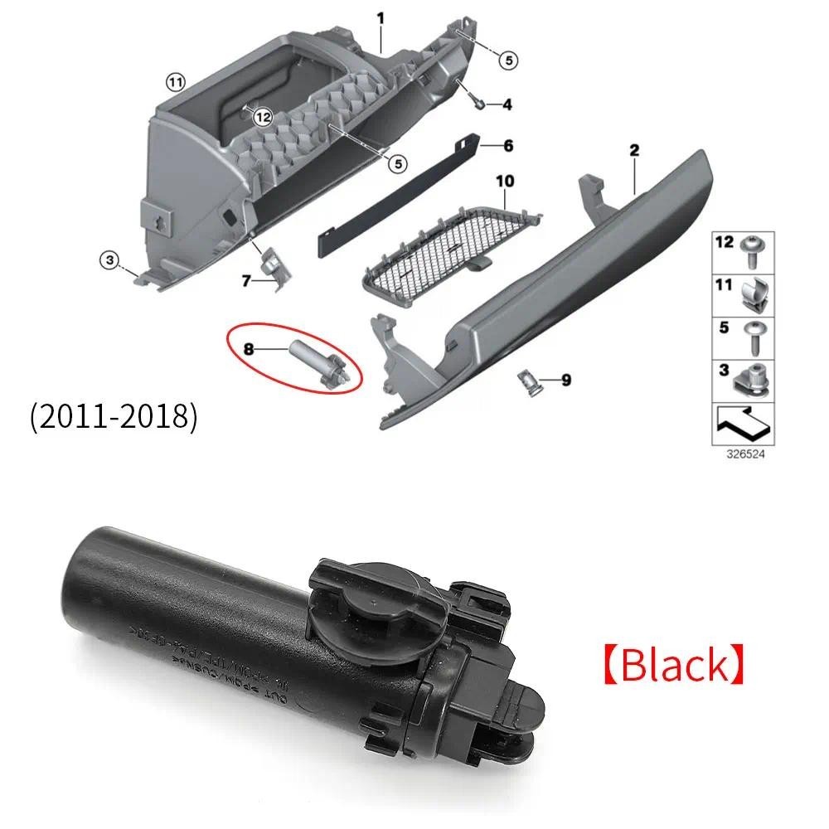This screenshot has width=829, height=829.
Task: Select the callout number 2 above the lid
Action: [x=634, y=150]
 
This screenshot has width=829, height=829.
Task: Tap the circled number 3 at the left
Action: [x=109, y=260]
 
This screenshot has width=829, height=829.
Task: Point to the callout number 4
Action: [x=506, y=104]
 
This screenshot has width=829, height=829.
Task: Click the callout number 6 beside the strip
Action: [x=508, y=146]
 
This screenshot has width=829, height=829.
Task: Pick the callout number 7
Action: [x=246, y=282]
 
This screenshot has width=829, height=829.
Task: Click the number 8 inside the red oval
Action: [x=249, y=349]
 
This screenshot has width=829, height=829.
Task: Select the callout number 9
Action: [x=566, y=381]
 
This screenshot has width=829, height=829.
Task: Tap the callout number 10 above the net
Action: [x=505, y=180]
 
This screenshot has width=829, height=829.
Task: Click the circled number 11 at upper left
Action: [x=174, y=81]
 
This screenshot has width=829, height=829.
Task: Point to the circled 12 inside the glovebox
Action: [x=263, y=118]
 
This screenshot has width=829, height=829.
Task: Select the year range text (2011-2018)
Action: [x=114, y=417]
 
